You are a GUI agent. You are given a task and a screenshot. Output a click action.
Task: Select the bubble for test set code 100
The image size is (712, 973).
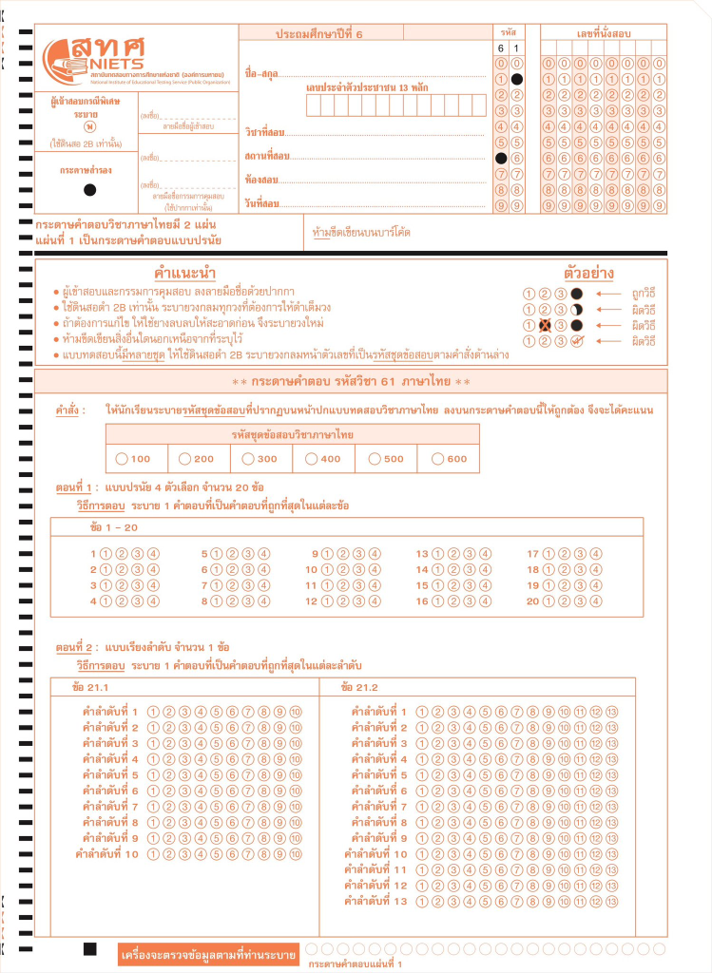[122, 458]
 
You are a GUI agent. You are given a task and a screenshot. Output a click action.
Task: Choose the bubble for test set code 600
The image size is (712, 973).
[438, 458]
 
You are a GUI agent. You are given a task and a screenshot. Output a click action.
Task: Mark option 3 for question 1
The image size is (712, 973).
[137, 554]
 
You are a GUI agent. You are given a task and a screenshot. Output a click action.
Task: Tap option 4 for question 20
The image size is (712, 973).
[596, 601]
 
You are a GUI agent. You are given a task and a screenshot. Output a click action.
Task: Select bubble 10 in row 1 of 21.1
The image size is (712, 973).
[296, 712]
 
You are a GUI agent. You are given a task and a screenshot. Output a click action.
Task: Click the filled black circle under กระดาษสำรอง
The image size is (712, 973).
[89, 190]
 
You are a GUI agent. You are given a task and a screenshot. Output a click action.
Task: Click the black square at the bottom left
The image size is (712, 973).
[90, 949]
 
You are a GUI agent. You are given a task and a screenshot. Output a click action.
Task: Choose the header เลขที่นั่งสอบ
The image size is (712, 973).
[604, 33]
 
